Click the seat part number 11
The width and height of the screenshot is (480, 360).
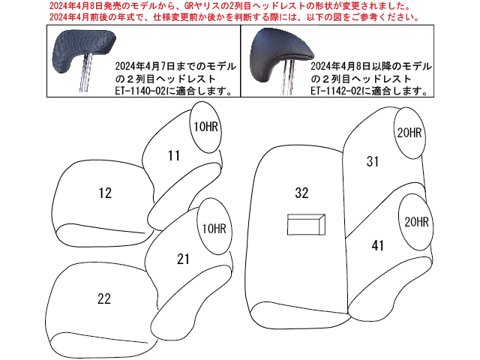[174, 155]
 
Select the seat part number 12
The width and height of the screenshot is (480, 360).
[105, 193]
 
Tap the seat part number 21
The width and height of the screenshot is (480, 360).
[183, 259]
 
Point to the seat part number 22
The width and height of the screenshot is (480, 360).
[104, 298]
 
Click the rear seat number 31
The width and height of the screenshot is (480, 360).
[373, 162]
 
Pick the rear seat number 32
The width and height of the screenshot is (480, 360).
[301, 193]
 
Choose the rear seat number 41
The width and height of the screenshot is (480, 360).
[377, 245]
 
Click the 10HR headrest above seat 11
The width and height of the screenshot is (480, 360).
[205, 127]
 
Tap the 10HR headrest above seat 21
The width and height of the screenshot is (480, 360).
[214, 226]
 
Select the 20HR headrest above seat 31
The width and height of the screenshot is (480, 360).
[409, 133]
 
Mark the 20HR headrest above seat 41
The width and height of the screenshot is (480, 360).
[416, 222]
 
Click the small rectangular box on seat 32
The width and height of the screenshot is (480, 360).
[306, 225]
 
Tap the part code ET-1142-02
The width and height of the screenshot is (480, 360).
[336, 91]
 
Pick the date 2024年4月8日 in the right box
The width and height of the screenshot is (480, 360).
[340, 66]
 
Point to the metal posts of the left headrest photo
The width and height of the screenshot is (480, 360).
[85, 73]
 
